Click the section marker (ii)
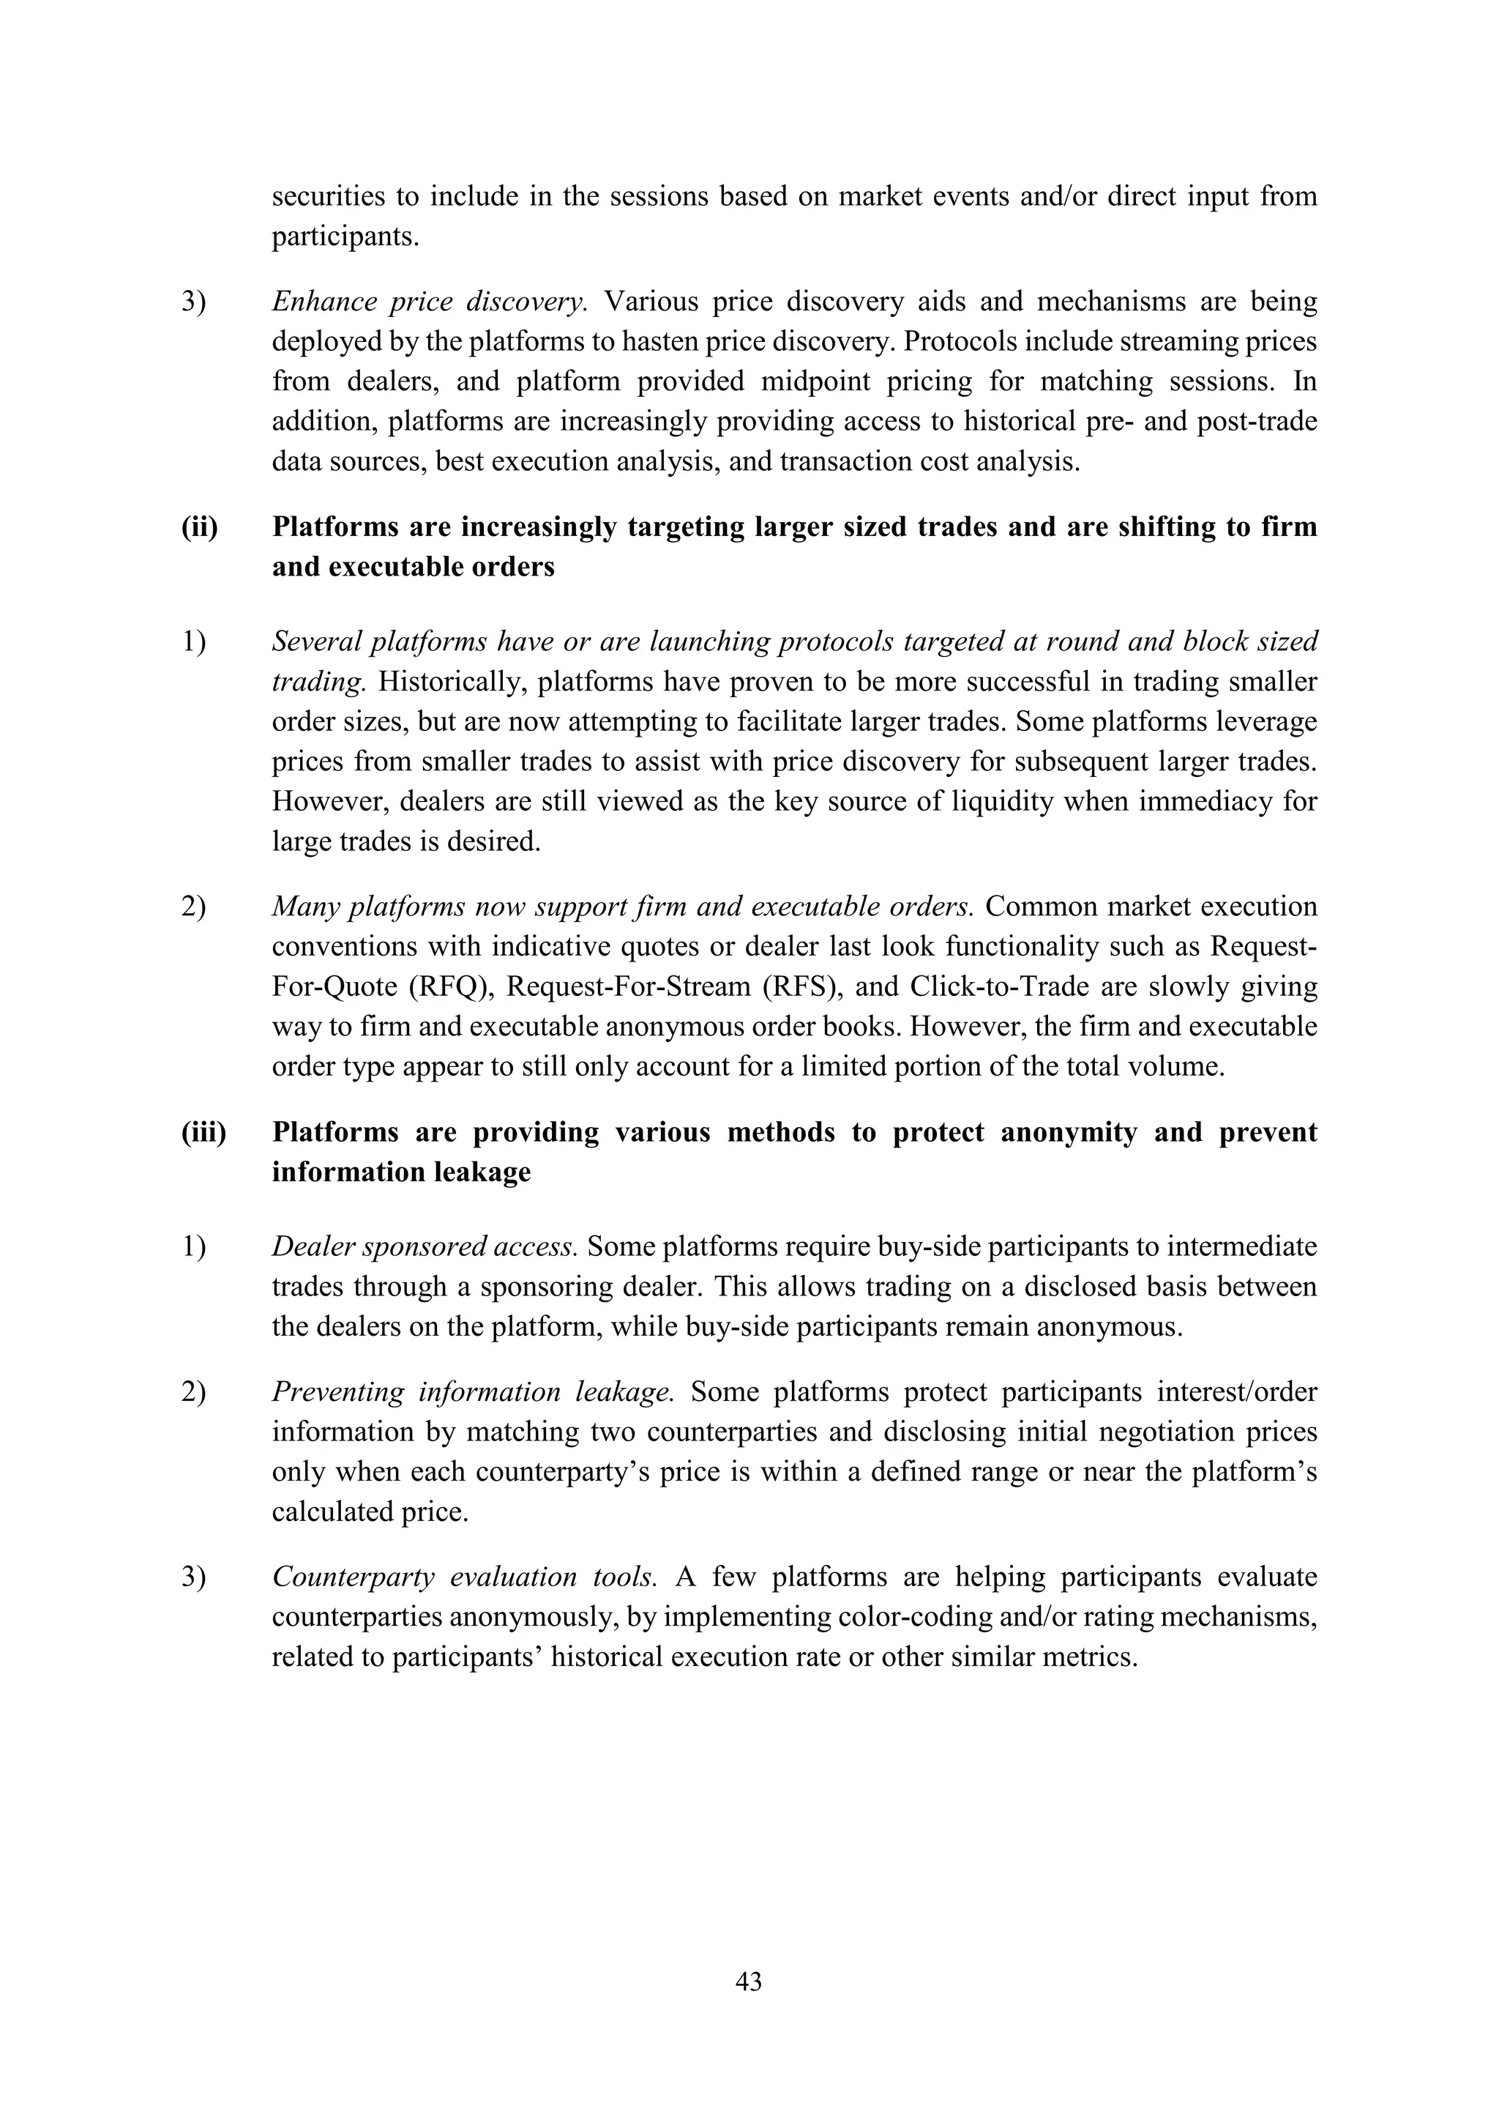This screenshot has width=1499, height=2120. point(199,527)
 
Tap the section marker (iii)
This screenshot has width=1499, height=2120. point(203,1132)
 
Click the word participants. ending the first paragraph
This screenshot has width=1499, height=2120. point(345,237)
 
